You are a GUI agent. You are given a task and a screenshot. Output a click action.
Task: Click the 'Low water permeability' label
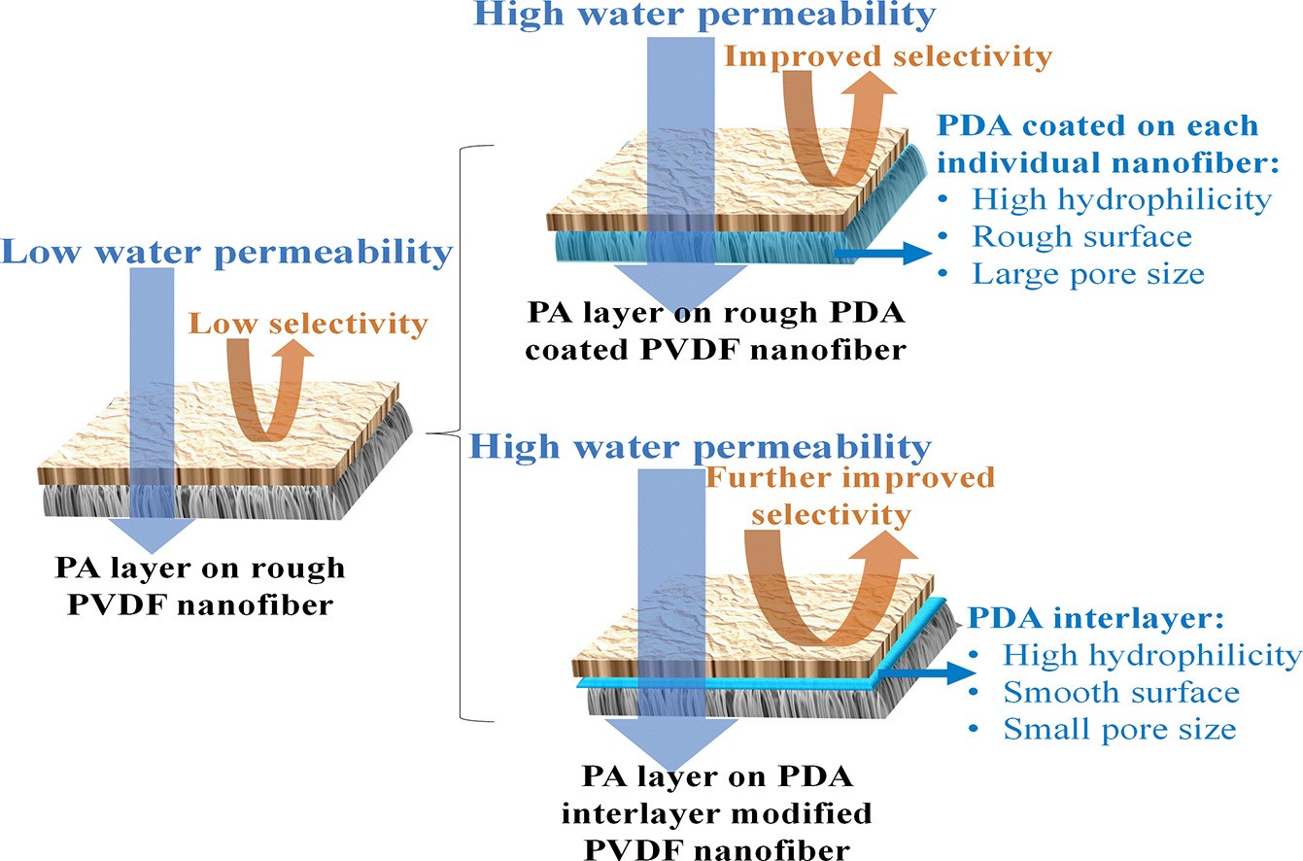pos(227,254)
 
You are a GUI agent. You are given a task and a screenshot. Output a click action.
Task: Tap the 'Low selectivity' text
pos(308,323)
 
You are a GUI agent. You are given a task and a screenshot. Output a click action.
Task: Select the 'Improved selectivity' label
pos(888,56)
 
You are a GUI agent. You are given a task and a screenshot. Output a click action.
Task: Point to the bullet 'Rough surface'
pos(1081,237)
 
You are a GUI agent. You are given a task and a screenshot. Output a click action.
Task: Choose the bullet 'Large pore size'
pos(1087,274)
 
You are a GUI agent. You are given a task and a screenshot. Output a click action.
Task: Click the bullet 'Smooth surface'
pos(1120,692)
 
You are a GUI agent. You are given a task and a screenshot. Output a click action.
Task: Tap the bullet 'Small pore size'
pos(1118,728)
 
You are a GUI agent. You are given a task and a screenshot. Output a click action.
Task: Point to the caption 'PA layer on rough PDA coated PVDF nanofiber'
pos(717,331)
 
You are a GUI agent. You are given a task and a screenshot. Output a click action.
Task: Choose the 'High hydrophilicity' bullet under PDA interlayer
pos(1151,655)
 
